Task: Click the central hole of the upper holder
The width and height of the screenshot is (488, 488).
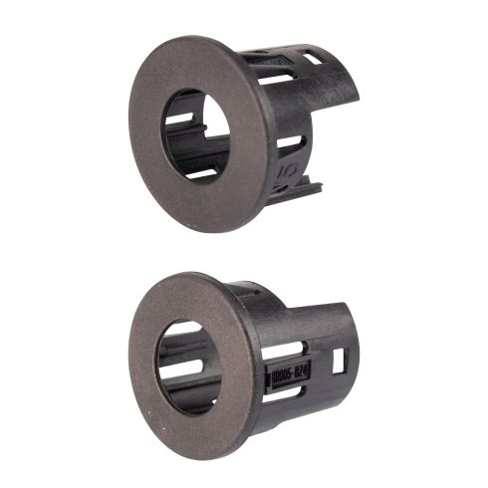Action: pyautogui.click(x=196, y=135)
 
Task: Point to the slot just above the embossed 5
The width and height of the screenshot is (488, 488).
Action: pyautogui.click(x=291, y=141)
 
